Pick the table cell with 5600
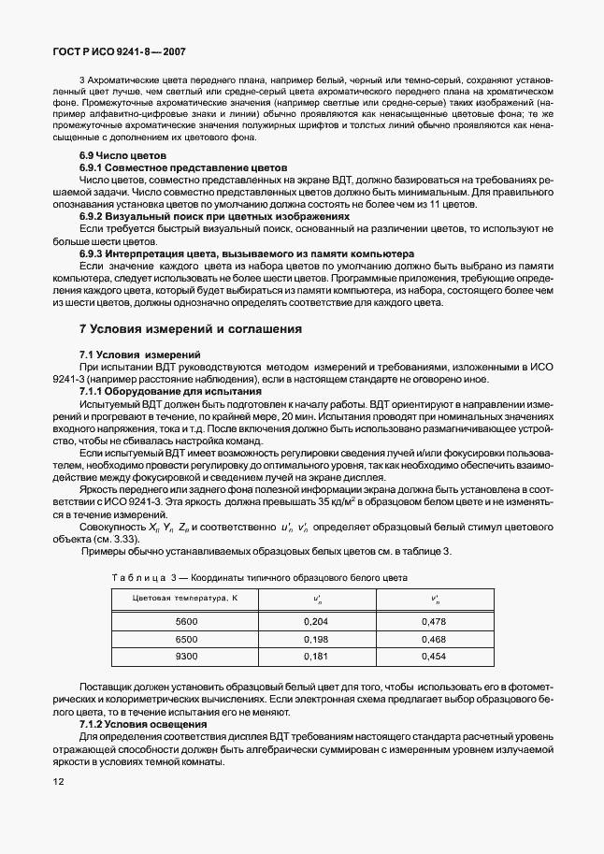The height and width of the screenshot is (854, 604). (x=186, y=621)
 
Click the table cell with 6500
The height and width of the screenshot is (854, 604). (x=186, y=639)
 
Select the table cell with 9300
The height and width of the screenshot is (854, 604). (x=186, y=657)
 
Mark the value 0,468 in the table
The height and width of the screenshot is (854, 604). (x=434, y=639)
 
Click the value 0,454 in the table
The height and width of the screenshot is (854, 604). (x=434, y=657)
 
